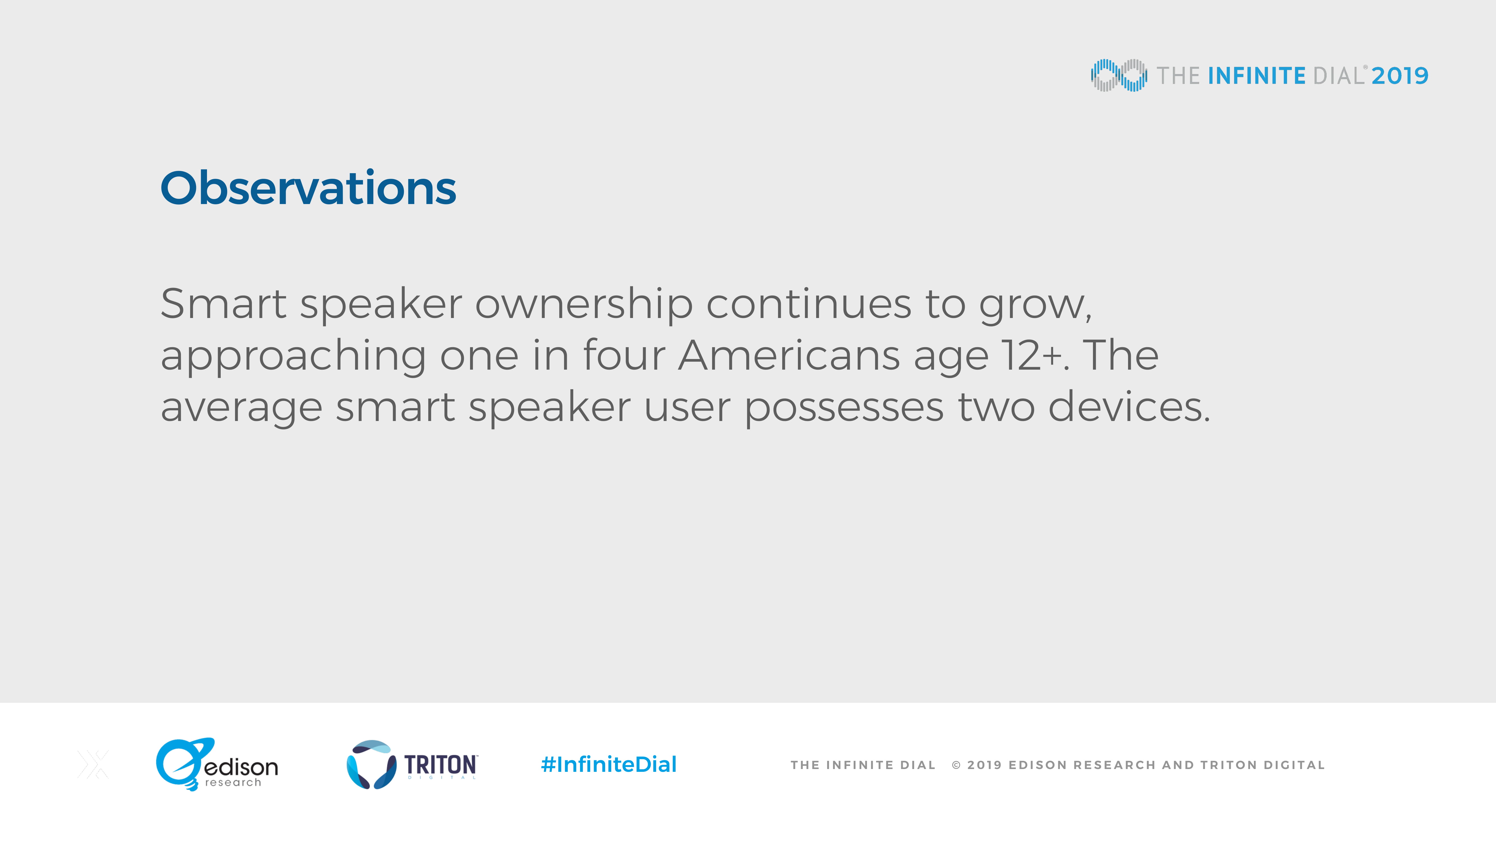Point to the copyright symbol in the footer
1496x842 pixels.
click(956, 765)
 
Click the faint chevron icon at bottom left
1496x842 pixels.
click(93, 764)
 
